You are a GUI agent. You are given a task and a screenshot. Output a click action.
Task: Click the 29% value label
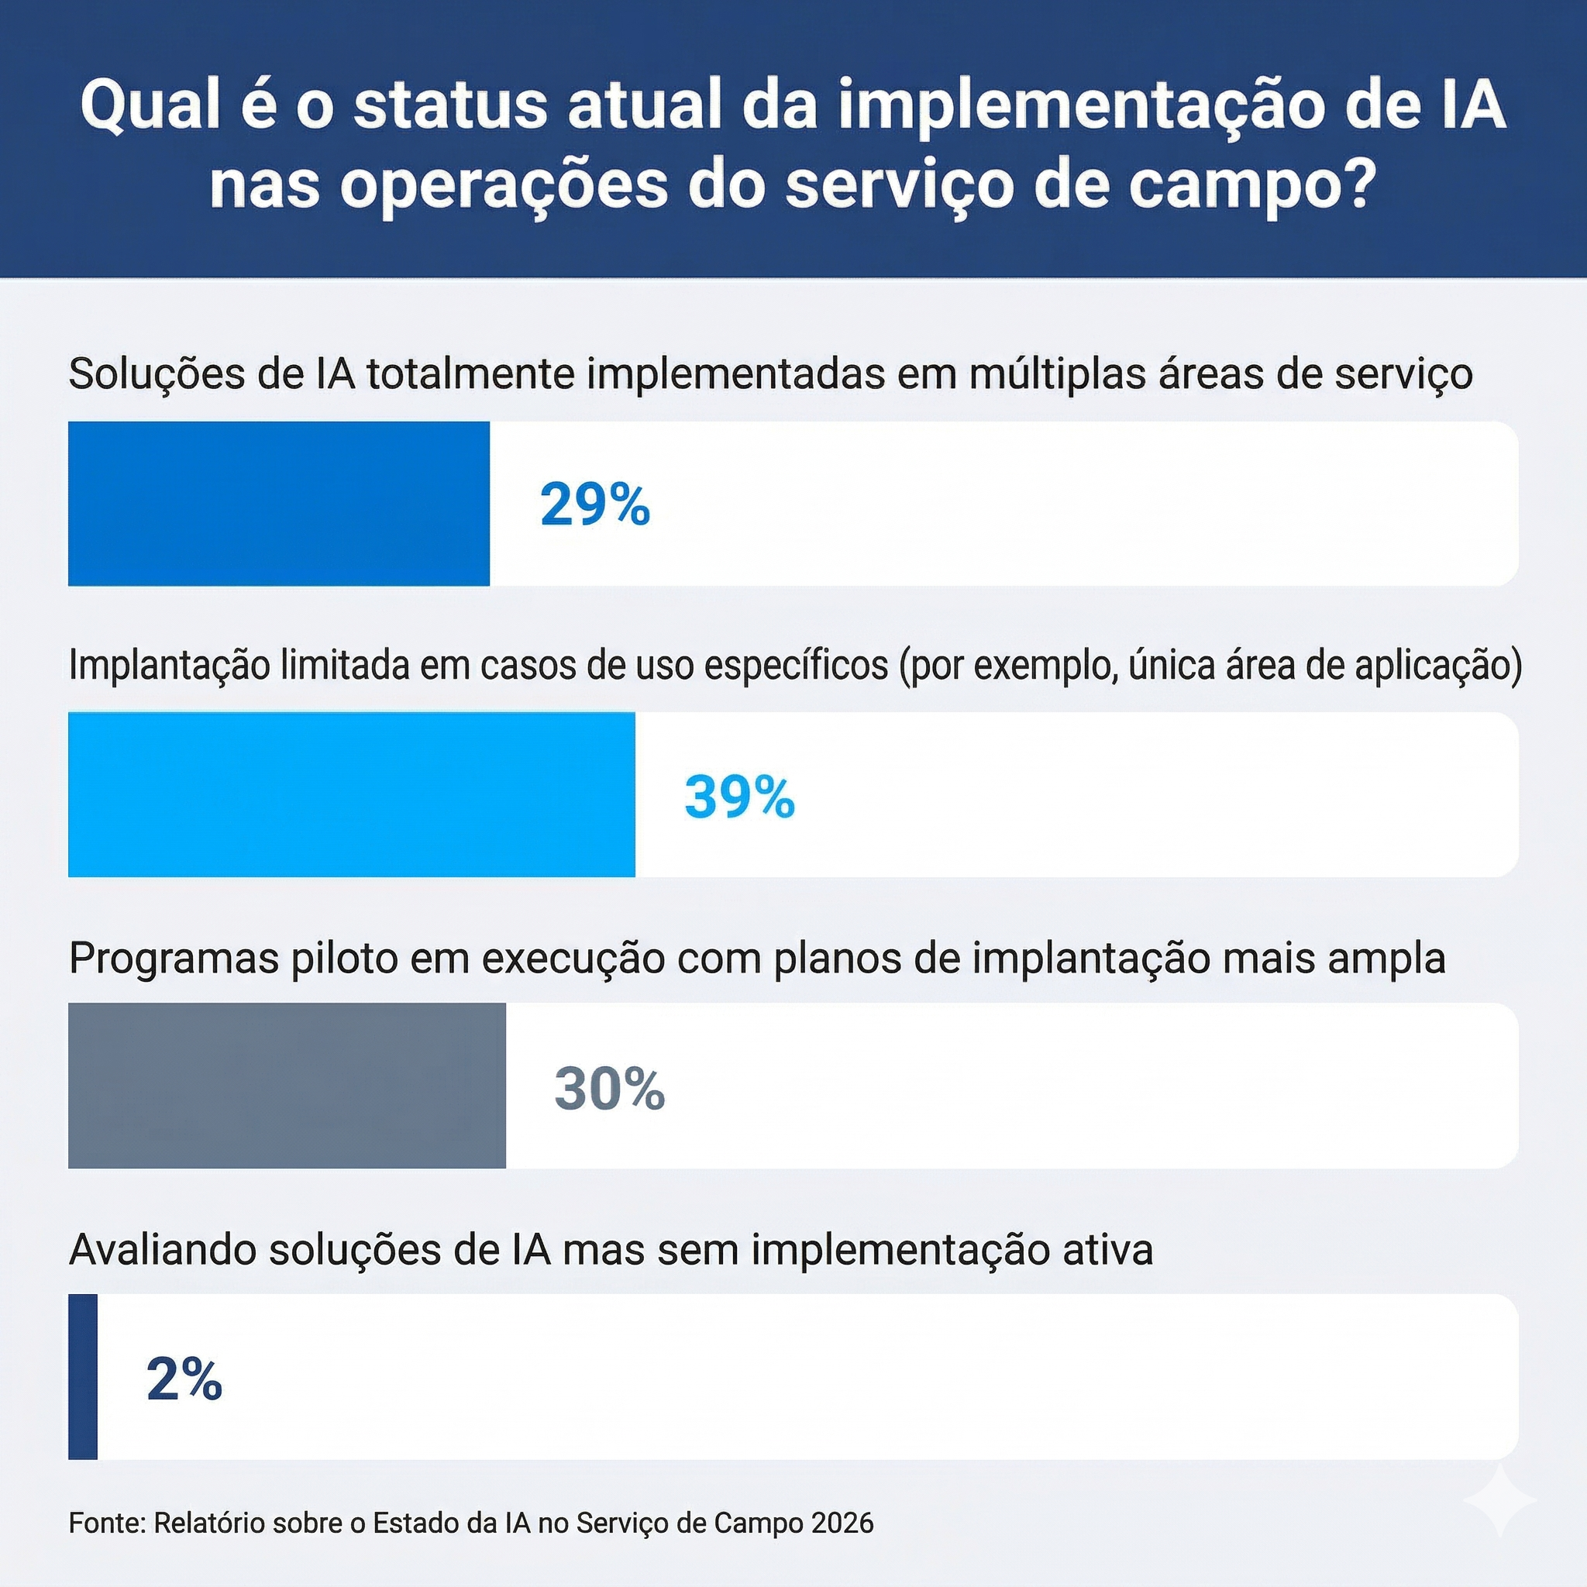pyautogui.click(x=594, y=504)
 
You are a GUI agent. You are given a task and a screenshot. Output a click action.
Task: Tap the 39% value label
pyautogui.click(x=739, y=796)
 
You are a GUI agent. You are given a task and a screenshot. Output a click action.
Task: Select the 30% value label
pyautogui.click(x=610, y=1089)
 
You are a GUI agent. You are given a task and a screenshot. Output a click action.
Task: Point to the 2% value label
pyautogui.click(x=184, y=1379)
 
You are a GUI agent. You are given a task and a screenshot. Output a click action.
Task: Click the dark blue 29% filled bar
pyautogui.click(x=278, y=504)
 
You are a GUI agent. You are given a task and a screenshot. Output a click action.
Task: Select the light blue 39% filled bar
pyautogui.click(x=351, y=794)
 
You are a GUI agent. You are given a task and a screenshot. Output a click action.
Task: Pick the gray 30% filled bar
pyautogui.click(x=287, y=1085)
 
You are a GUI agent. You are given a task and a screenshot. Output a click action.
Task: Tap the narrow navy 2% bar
pyautogui.click(x=83, y=1377)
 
